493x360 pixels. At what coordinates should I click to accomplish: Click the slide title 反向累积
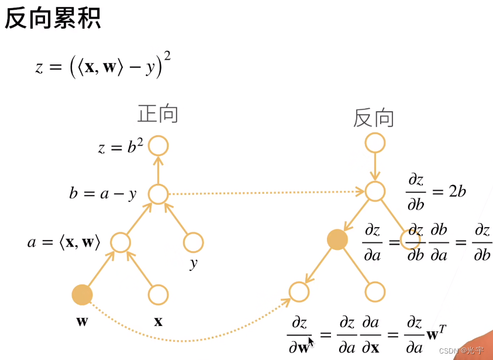point(53,19)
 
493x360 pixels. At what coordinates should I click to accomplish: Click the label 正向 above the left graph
point(157,114)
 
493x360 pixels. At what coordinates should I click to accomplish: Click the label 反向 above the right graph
point(374,118)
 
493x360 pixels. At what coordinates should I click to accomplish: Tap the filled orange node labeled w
point(82,295)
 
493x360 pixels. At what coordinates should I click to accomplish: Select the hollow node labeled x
point(158,295)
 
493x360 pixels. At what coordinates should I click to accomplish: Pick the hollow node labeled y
point(193,242)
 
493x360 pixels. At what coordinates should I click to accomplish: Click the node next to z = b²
point(158,146)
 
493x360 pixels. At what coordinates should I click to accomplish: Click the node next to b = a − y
point(158,194)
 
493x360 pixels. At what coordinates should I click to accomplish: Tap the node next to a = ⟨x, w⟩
point(120,242)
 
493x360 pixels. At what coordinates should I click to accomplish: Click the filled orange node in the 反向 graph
point(337,239)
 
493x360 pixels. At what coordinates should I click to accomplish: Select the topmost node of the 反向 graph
point(374,142)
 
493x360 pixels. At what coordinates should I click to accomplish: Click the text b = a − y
point(102,193)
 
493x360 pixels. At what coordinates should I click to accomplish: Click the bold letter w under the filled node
point(82,321)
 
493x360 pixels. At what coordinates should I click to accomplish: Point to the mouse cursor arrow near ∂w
point(311,341)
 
